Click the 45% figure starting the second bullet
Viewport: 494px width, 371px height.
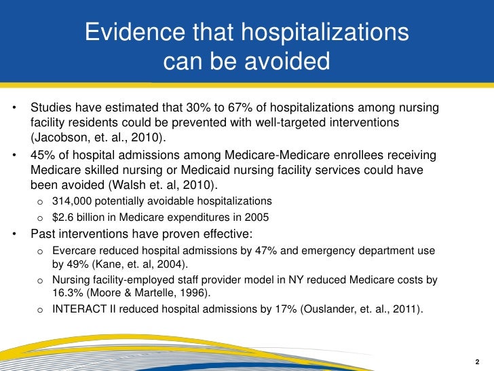[42, 155]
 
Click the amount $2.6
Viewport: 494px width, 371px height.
[65, 217]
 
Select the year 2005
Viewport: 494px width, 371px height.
[256, 217]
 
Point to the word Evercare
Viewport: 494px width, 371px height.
[76, 251]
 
